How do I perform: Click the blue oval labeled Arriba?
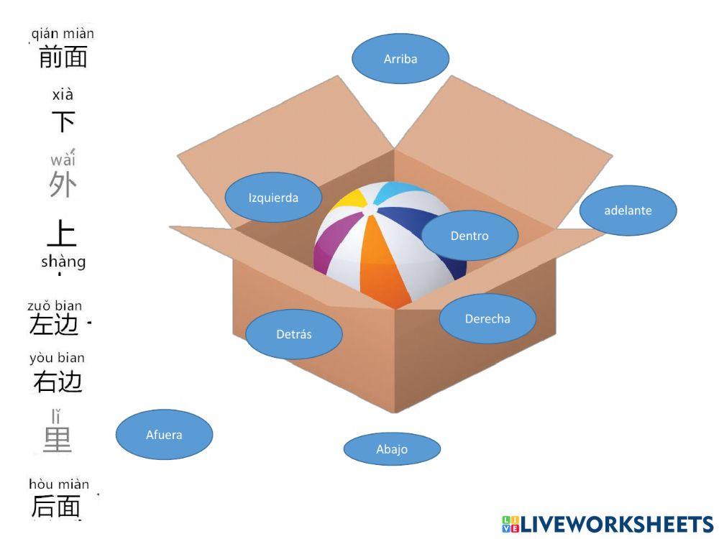pyautogui.click(x=400, y=59)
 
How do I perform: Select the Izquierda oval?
pyautogui.click(x=273, y=198)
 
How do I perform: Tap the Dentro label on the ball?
pyautogui.click(x=470, y=236)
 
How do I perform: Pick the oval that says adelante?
pyautogui.click(x=628, y=211)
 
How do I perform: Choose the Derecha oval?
pyautogui.click(x=487, y=318)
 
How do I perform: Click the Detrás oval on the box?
pyautogui.click(x=294, y=333)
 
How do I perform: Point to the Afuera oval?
pyautogui.click(x=164, y=435)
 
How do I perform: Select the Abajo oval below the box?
pyautogui.click(x=392, y=449)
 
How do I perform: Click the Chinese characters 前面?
pyautogui.click(x=63, y=57)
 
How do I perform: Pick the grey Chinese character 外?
pyautogui.click(x=63, y=185)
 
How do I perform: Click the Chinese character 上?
pyautogui.click(x=61, y=233)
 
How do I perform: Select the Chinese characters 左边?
pyautogui.click(x=54, y=326)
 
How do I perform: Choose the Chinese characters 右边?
pyautogui.click(x=58, y=382)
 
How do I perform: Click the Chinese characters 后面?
pyautogui.click(x=55, y=507)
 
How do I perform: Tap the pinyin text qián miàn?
pyautogui.click(x=63, y=33)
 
